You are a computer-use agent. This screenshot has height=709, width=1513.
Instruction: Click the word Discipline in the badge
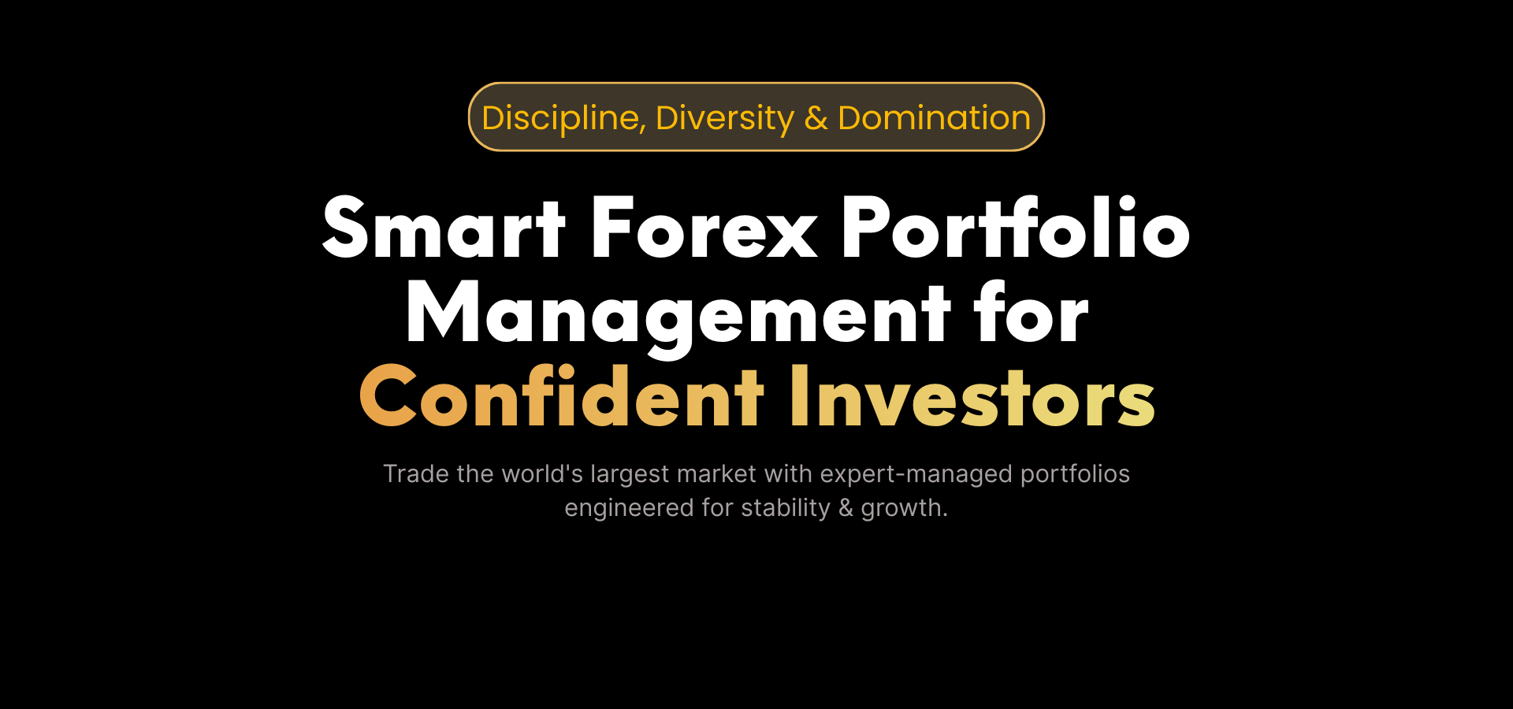(564, 119)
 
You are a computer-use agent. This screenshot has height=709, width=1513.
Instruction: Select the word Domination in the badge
(934, 118)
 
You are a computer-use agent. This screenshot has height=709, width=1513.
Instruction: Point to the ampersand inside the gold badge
(816, 119)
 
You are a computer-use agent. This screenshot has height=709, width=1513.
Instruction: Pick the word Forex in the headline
(704, 228)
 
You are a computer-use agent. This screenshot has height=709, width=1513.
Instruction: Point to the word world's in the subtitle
(542, 473)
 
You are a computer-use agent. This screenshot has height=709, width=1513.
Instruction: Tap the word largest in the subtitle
(630, 475)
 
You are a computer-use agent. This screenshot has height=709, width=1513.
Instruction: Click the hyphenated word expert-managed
(916, 475)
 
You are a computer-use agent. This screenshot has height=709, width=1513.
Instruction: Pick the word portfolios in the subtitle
(1075, 475)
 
